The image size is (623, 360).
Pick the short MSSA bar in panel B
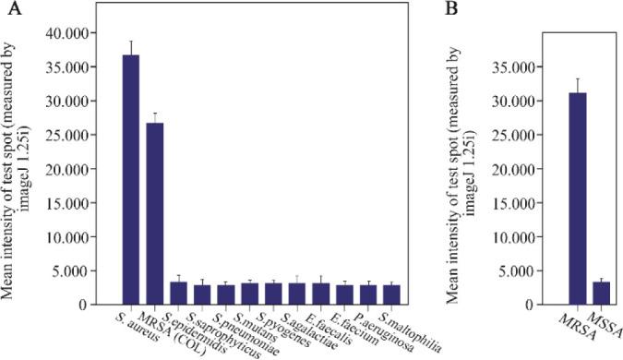pos(601,293)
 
